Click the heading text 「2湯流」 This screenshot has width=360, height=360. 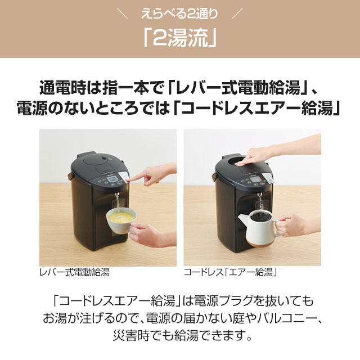pos(179,38)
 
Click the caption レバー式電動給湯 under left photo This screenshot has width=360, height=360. pos(74,272)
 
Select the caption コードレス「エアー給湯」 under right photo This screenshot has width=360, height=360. pos(231,272)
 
